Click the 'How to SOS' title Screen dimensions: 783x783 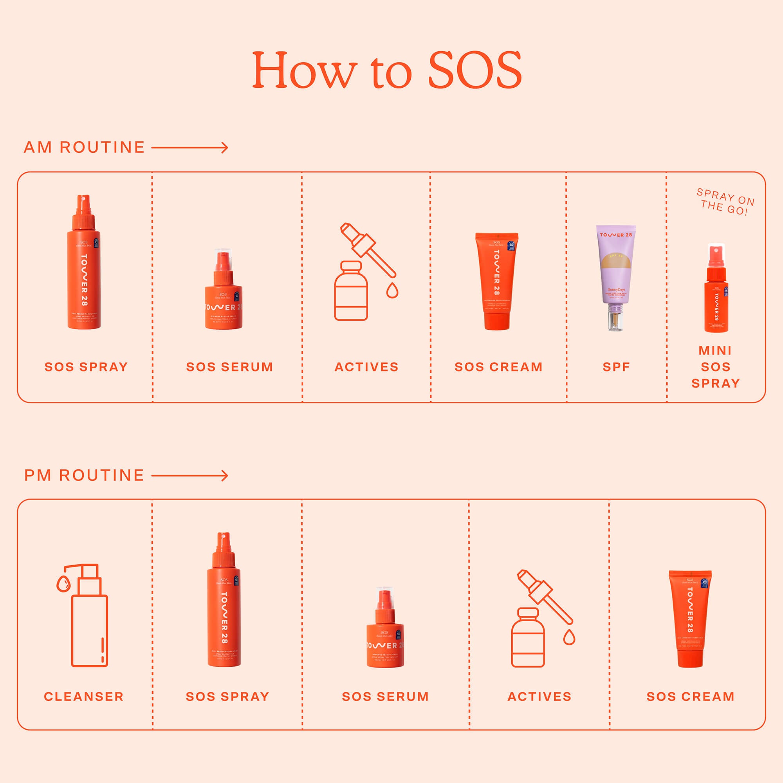pos(387,70)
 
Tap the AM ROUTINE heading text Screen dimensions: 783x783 pos(84,147)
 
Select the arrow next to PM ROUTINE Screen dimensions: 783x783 pos(189,475)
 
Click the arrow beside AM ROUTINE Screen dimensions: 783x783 pos(189,148)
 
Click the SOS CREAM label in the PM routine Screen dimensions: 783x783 pos(690,696)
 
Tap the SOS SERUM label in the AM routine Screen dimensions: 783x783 pos(229,367)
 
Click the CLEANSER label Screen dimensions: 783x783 pos(84,696)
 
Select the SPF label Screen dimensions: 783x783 pos(616,367)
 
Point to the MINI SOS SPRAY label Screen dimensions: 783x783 pos(716,367)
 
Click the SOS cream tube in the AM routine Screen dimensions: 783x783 pos(497,280)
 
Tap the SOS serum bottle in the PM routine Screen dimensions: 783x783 pos(385,628)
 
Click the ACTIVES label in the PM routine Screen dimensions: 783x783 pos(539,696)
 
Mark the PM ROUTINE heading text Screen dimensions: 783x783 pos(84,475)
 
